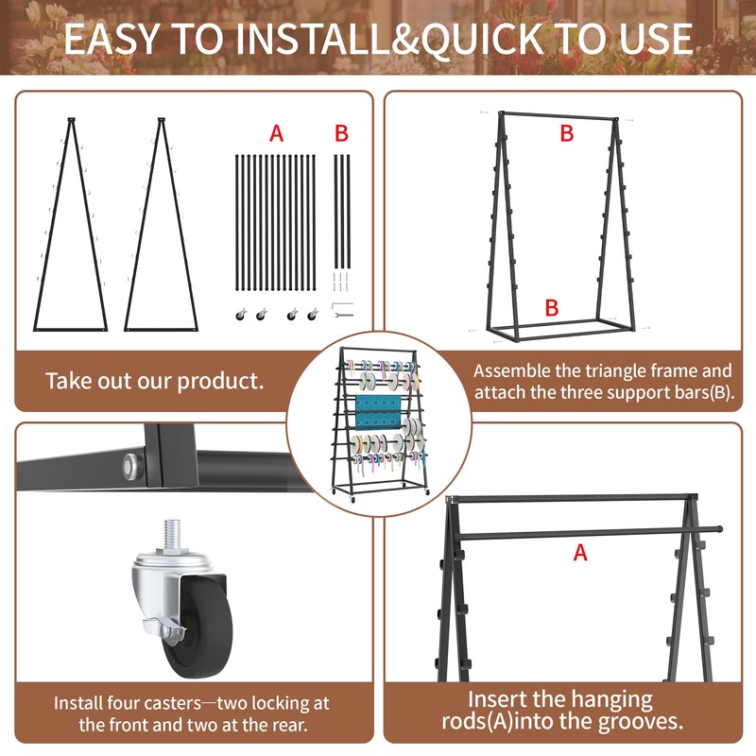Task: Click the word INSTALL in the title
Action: click(313, 39)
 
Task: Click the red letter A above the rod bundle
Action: click(276, 133)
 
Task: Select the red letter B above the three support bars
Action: click(341, 133)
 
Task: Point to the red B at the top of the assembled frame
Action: click(566, 133)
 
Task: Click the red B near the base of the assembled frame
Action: click(552, 308)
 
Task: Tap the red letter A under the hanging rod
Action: click(580, 553)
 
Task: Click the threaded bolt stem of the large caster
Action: click(172, 533)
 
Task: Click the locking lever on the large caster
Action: click(163, 629)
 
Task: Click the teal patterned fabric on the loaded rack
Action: click(378, 412)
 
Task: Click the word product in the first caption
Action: click(220, 382)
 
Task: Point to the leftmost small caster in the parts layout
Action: click(241, 315)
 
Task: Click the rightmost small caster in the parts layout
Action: click(313, 315)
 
